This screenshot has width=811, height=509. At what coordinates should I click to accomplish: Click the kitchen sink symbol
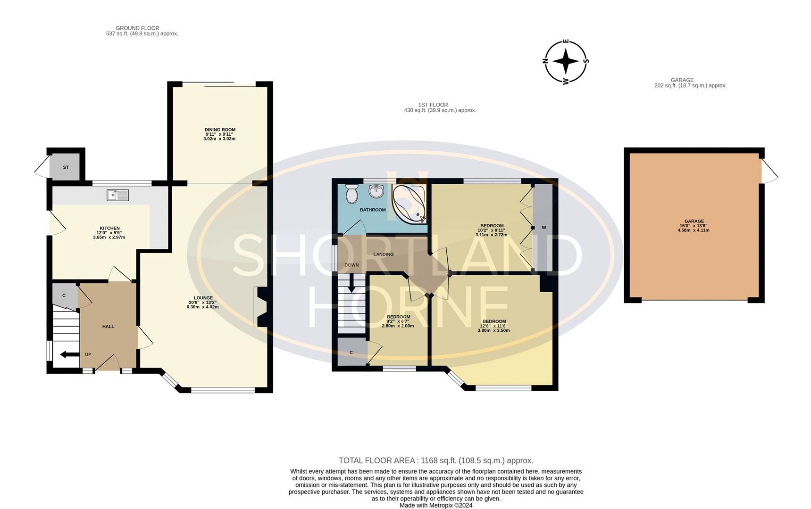pyautogui.click(x=117, y=195)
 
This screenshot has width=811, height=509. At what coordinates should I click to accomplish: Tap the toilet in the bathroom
pyautogui.click(x=352, y=193)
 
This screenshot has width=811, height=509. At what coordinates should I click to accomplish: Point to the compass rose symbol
pyautogui.click(x=566, y=62)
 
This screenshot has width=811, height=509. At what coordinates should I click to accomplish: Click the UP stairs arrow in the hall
pyautogui.click(x=69, y=354)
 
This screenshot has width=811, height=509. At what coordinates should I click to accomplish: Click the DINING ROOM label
pyautogui.click(x=219, y=130)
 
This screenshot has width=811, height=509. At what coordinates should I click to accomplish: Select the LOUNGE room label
pyautogui.click(x=203, y=298)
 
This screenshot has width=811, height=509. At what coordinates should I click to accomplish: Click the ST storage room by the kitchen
pyautogui.click(x=66, y=167)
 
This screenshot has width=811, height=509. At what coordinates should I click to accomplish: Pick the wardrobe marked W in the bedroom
pyautogui.click(x=543, y=228)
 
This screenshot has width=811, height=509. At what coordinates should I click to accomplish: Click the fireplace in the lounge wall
pyautogui.click(x=261, y=307)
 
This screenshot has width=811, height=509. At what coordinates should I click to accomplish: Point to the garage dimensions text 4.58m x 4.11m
pyautogui.click(x=694, y=230)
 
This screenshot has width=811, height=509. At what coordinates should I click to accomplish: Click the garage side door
pyautogui.click(x=769, y=171)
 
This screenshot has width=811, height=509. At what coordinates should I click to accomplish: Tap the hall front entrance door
pyautogui.click(x=108, y=363)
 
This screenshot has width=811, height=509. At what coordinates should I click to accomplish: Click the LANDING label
pyautogui.click(x=383, y=254)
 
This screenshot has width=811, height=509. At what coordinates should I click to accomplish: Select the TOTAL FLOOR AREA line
pyautogui.click(x=435, y=460)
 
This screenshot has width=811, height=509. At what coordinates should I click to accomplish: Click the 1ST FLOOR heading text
pyautogui.click(x=433, y=105)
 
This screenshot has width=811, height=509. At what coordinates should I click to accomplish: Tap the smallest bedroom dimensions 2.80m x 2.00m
pyautogui.click(x=397, y=326)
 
